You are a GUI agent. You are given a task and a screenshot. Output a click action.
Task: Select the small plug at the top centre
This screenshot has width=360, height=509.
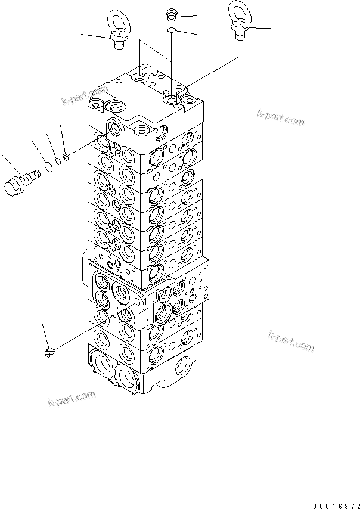click(x=171, y=13)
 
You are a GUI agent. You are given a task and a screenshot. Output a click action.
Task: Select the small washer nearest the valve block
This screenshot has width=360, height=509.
click(x=65, y=157)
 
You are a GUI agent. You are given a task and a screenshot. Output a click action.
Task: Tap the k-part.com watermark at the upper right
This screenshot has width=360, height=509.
click(x=281, y=117)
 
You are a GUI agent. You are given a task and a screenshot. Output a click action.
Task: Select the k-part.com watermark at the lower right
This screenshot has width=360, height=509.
click(x=291, y=341)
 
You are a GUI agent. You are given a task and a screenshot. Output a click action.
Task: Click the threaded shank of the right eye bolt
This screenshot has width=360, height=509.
click(x=240, y=36)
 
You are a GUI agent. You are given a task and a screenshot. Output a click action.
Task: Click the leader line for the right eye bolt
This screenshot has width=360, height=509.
click(x=265, y=28)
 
